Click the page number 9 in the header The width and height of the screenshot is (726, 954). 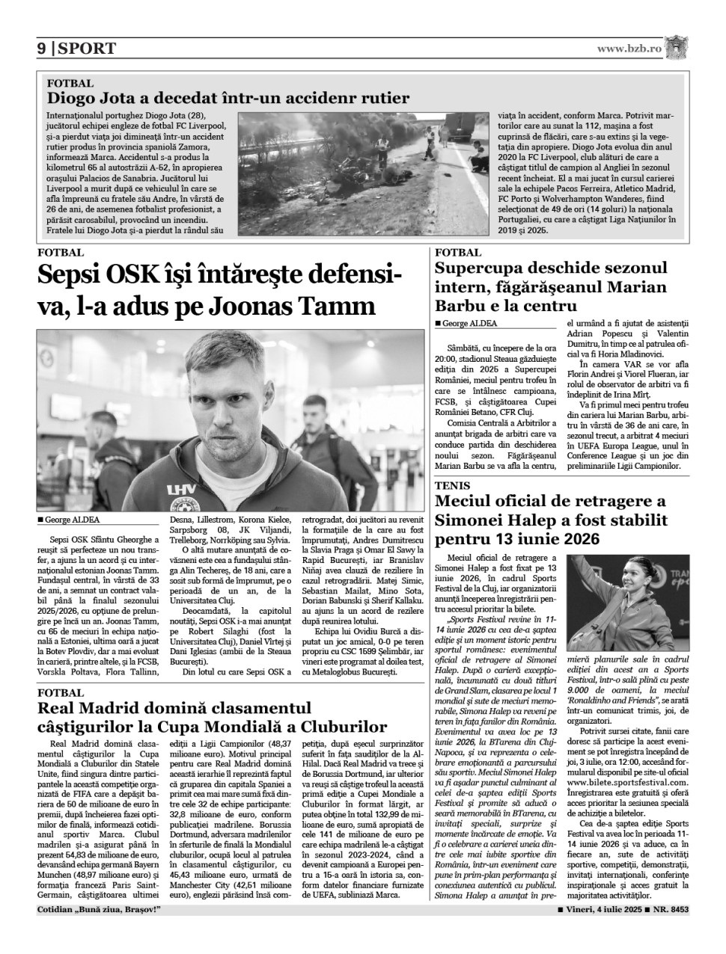click(x=42, y=49)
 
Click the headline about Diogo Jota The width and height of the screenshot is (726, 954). click(x=228, y=98)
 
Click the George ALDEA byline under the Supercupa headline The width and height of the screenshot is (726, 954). click(x=466, y=324)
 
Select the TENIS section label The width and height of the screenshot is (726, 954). click(x=453, y=485)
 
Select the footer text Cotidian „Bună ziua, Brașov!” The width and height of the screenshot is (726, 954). click(x=98, y=910)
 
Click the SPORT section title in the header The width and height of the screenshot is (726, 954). click(x=87, y=49)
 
